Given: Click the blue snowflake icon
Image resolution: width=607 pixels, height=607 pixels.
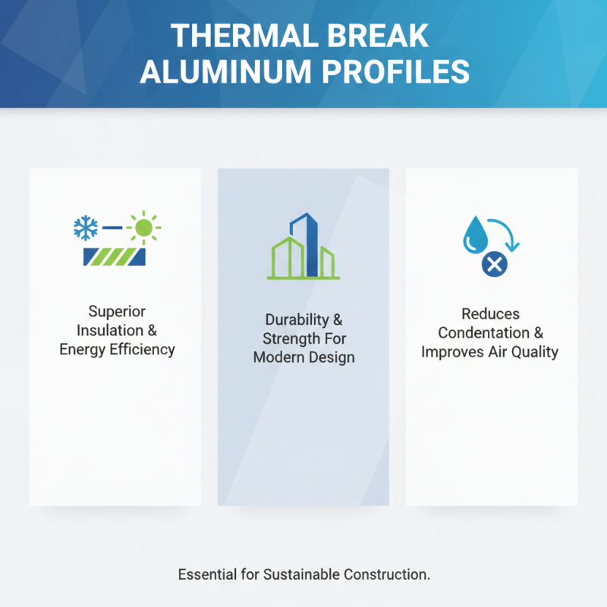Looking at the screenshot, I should [x=85, y=227].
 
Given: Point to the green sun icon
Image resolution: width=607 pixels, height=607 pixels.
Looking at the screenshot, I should [x=143, y=226].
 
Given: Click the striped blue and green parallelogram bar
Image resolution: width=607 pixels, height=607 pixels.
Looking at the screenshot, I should [x=114, y=256].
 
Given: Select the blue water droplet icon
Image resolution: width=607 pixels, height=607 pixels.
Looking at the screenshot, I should [x=476, y=234].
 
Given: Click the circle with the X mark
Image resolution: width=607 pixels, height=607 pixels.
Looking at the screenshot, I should [x=494, y=264].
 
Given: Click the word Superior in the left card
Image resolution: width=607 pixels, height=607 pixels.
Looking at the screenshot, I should [x=117, y=312].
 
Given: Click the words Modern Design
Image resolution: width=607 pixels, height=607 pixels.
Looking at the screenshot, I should [x=303, y=357].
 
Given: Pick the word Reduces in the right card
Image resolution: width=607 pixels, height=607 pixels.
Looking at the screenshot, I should [x=491, y=313].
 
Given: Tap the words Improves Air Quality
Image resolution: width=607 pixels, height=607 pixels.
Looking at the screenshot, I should [x=489, y=352].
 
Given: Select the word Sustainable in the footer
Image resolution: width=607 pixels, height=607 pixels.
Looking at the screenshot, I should [x=300, y=575].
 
